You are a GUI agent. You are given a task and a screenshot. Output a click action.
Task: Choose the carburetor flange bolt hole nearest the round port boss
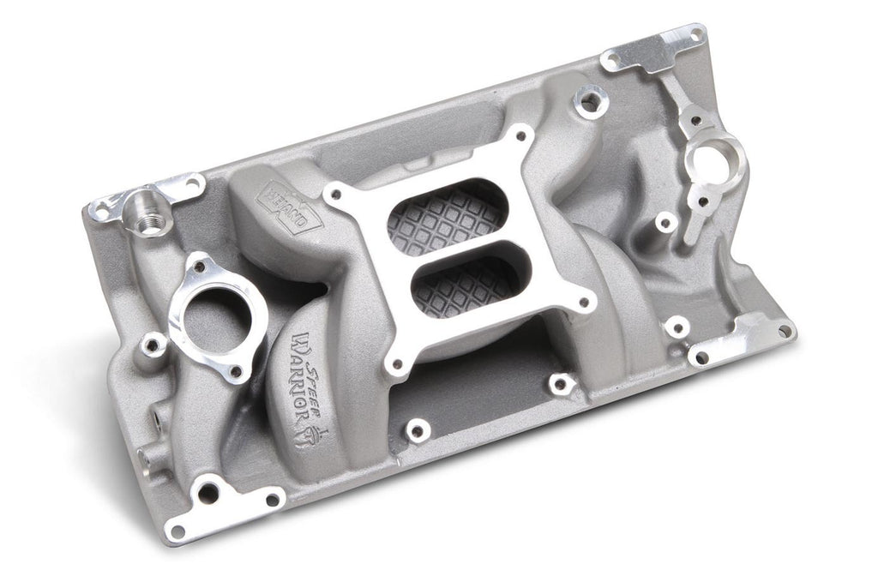[x=520, y=135]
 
